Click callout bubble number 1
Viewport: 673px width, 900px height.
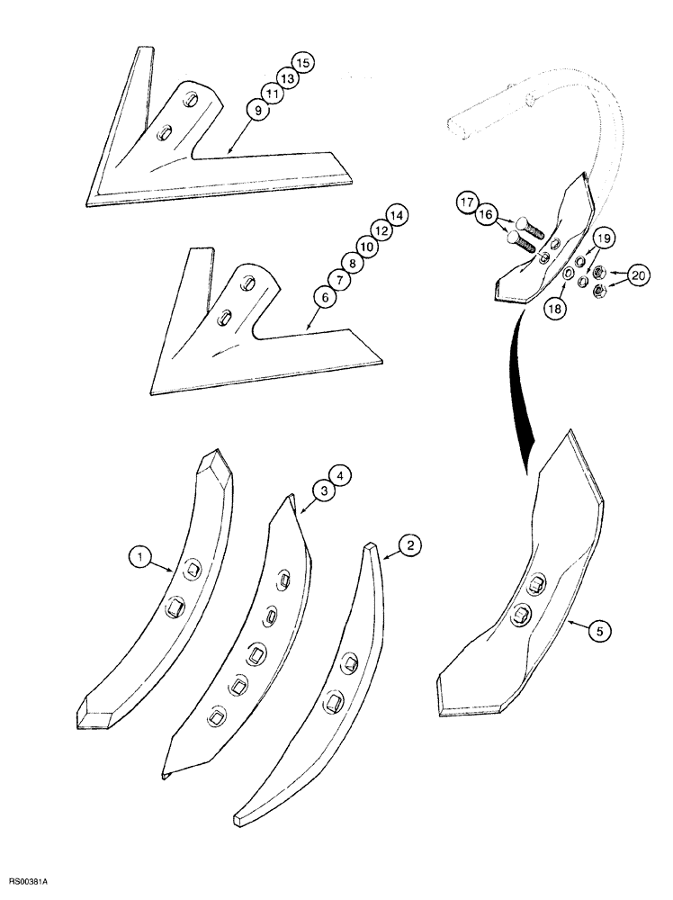(139, 559)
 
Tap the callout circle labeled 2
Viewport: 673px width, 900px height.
(408, 544)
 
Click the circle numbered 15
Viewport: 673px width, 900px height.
(302, 63)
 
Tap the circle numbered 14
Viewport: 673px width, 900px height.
(395, 215)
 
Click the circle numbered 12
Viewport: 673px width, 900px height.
(381, 231)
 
